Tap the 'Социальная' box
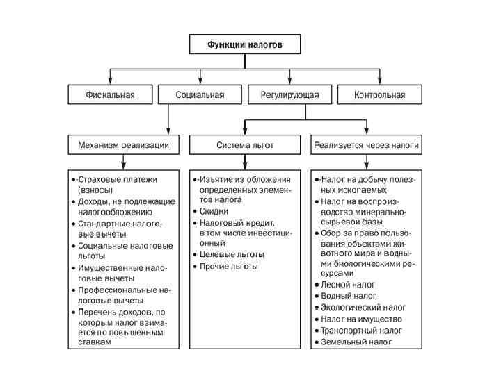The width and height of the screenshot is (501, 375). pyautogui.click(x=200, y=94)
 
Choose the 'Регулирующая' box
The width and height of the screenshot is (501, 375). pyautogui.click(x=289, y=94)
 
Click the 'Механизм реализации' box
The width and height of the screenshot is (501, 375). pyautogui.click(x=122, y=144)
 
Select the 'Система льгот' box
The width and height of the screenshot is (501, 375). pyautogui.click(x=245, y=144)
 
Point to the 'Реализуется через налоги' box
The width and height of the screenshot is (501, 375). pyautogui.click(x=366, y=144)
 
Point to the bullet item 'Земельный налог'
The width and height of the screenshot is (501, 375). pyautogui.click(x=356, y=342)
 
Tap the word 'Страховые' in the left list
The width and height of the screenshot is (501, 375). pyautogui.click(x=97, y=178)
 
